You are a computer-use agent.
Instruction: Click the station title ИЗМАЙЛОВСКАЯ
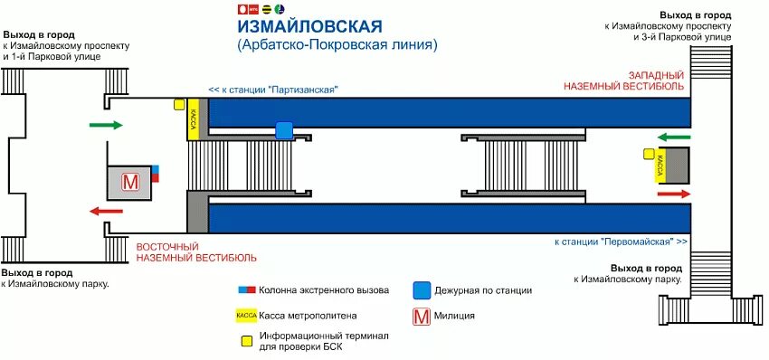click(302, 24)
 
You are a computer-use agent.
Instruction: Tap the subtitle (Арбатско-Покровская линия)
click(337, 43)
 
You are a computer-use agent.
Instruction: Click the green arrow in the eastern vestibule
click(106, 125)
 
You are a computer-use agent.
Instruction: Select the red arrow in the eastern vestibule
click(106, 211)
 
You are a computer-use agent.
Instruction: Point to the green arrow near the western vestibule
click(673, 137)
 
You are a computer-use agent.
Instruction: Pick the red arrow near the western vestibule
click(673, 194)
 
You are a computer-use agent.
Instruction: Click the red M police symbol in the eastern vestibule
click(130, 182)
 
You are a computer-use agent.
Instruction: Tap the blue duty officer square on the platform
click(284, 131)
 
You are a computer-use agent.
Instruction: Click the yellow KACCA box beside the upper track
click(194, 119)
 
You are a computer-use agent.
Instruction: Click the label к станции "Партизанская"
click(272, 90)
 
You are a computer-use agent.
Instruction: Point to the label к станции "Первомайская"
click(621, 242)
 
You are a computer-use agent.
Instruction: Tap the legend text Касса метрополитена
click(309, 316)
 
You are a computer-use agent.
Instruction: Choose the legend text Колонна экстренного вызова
click(324, 290)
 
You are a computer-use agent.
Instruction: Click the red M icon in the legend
click(420, 316)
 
